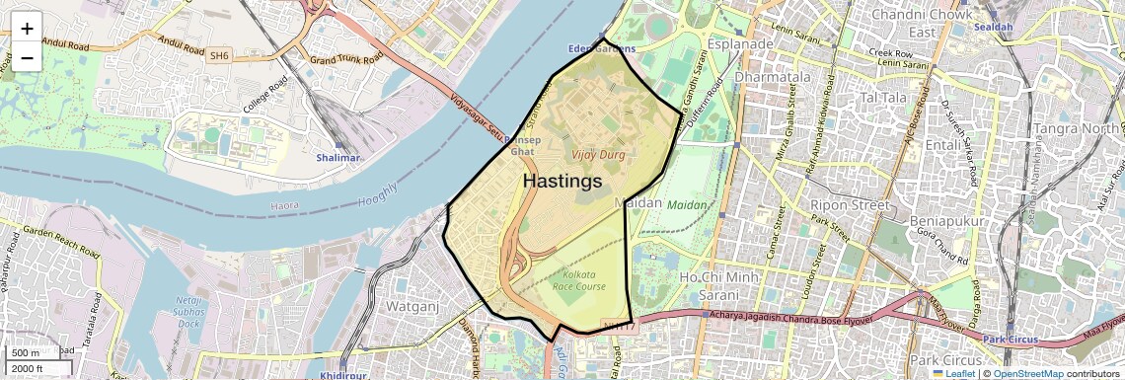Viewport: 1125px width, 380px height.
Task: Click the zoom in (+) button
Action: point(27,28)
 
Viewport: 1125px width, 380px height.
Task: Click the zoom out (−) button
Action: point(27,57)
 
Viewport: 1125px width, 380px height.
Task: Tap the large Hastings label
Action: point(562,182)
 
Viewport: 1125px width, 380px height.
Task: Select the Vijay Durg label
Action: point(597,155)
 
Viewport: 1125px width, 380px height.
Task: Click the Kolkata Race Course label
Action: point(586,280)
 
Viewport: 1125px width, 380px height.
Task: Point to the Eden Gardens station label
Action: point(602,48)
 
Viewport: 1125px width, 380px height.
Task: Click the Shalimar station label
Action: point(339,158)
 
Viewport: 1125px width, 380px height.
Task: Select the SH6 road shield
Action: point(219,57)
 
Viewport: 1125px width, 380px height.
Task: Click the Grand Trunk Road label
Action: point(345,60)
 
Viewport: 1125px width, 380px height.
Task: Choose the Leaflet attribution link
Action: point(955,374)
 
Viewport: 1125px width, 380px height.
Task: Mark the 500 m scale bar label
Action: point(26,353)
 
